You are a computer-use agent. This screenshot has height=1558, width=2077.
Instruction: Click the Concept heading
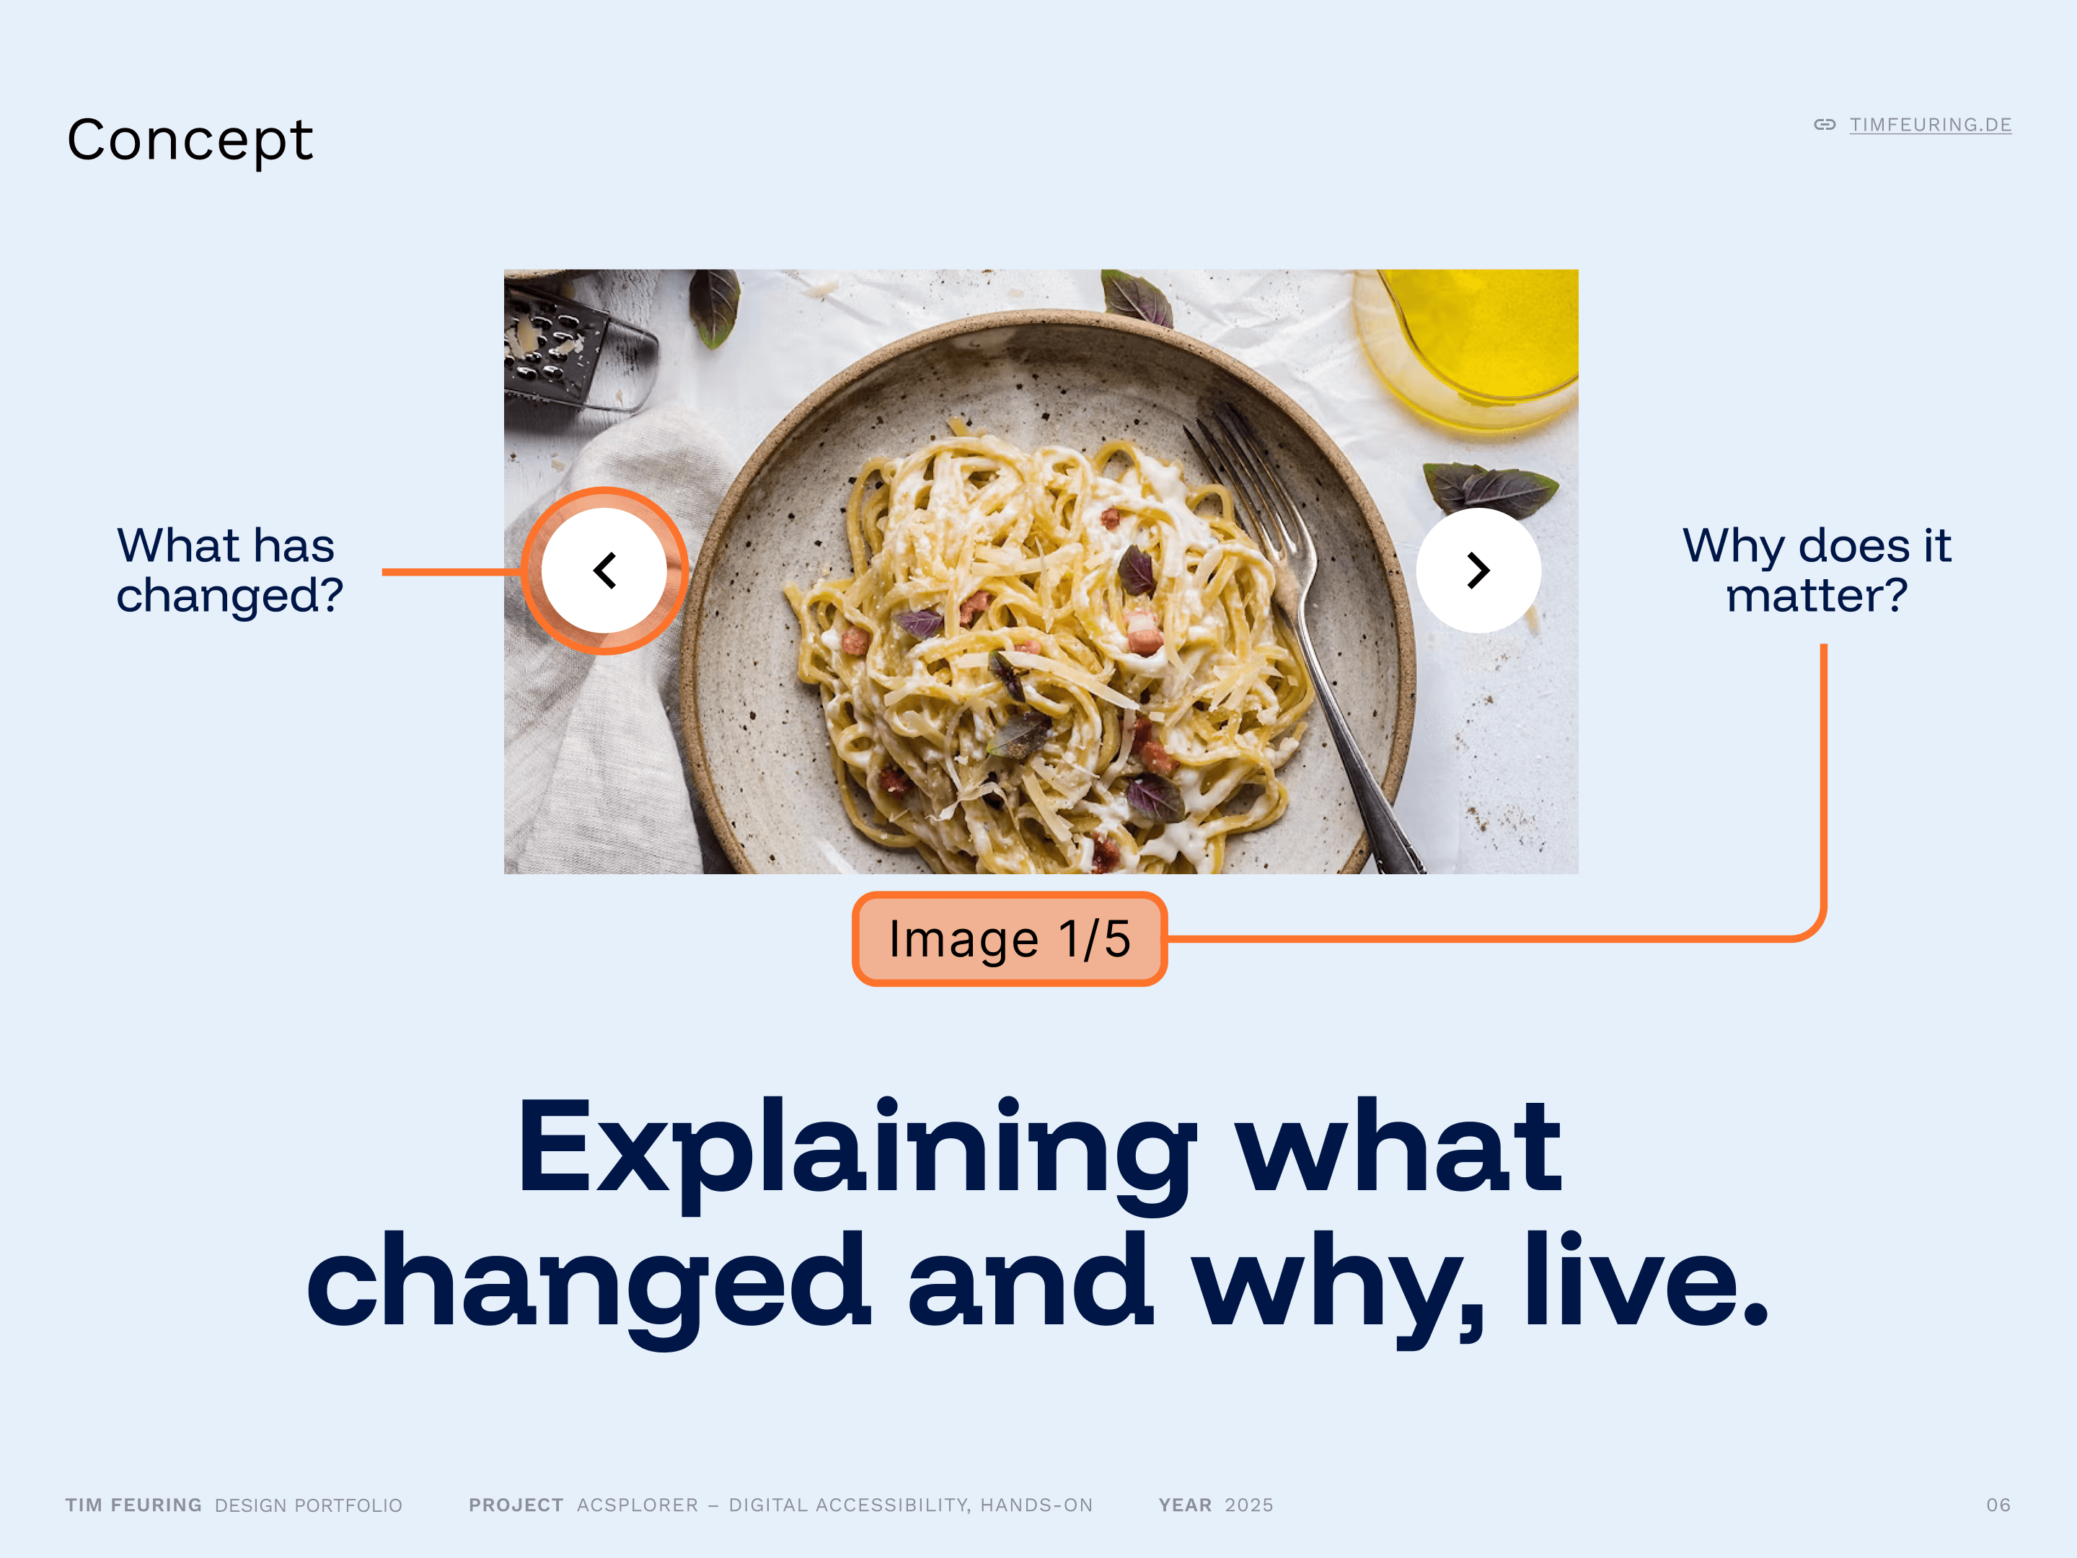pos(190,141)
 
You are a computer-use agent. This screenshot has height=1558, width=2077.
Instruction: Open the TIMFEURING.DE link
pos(1930,125)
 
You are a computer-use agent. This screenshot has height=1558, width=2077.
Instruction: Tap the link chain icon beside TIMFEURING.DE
pos(1825,125)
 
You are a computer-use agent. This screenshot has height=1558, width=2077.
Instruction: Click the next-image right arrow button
pos(1478,570)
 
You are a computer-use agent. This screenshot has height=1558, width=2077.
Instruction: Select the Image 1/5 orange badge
pos(1010,939)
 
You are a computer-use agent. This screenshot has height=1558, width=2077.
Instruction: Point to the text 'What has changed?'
pos(229,570)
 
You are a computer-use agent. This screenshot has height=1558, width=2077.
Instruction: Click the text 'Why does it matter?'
pos(1817,570)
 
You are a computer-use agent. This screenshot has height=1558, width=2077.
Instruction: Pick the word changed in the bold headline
pos(588,1287)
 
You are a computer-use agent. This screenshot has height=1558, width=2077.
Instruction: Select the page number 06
pos(1998,1505)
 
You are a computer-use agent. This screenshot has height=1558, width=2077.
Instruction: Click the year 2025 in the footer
pos(1249,1505)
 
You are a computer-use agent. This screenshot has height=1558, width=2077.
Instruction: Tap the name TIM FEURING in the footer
pos(133,1505)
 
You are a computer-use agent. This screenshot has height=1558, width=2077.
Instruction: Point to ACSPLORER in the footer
pos(638,1505)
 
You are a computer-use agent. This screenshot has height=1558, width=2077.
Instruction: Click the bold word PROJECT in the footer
pos(516,1505)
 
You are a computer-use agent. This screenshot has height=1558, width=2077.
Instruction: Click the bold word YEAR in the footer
pos(1185,1505)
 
